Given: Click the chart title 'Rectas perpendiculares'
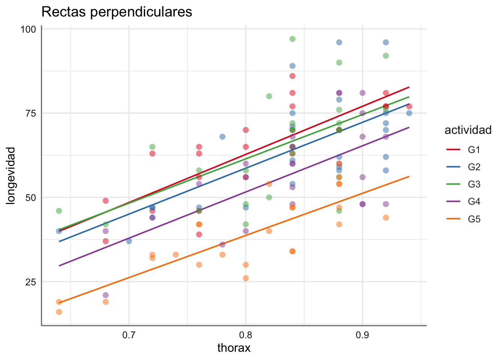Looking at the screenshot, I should pos(117,12).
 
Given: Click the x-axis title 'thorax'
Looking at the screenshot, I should pos(234,348).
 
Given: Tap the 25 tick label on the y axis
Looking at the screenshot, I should pos(30,282).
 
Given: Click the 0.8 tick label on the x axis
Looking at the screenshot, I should pos(246,335).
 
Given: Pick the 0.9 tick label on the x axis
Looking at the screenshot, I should pos(362,335).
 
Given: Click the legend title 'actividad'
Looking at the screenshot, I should pos(468,130).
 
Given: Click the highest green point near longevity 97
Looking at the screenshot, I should pos(292,39).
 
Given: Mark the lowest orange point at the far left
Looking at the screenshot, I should pos(59,312).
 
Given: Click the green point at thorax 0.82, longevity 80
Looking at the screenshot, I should pos(269,96).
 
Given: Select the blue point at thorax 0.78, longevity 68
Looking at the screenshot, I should pos(222,137).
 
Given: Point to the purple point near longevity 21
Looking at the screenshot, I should pos(106,295).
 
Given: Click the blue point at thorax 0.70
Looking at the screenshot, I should pos(129,241).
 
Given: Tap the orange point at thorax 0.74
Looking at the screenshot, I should pos(175,255).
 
